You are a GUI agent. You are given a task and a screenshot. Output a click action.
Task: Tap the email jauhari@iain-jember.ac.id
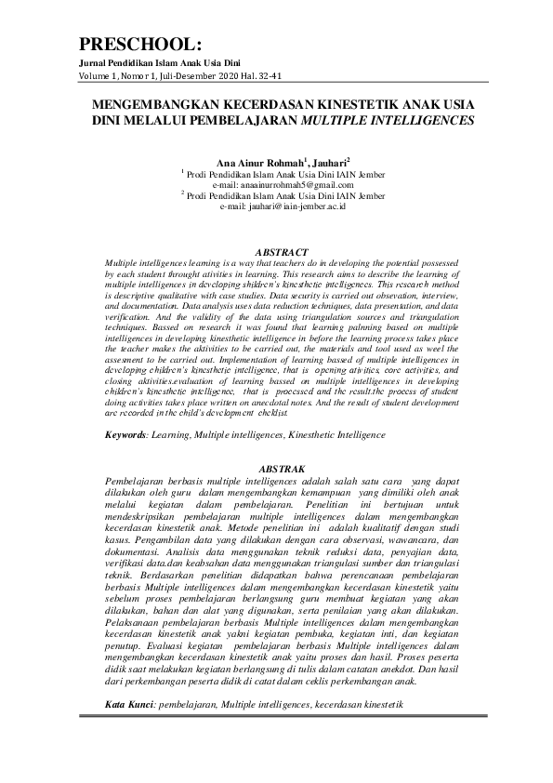pos(283,206)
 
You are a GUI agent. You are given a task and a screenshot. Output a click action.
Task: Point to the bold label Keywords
pos(127,434)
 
